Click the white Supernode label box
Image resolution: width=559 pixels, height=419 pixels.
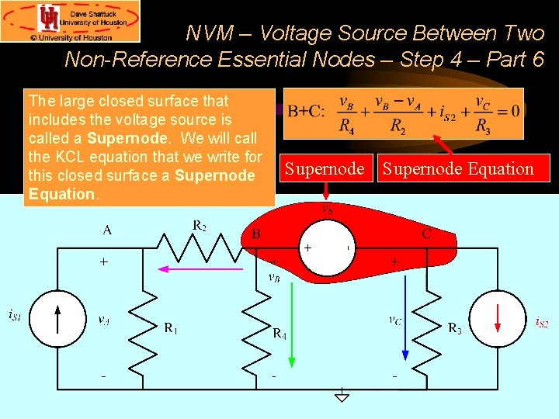[324, 168]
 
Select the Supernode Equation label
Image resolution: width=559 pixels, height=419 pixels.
[457, 168]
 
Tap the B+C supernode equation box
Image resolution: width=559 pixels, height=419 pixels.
[403, 113]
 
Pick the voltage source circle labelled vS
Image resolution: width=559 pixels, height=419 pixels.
[328, 249]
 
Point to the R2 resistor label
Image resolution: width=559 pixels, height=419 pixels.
[200, 226]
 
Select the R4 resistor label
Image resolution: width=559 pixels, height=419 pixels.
[279, 334]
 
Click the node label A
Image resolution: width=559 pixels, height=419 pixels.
[106, 230]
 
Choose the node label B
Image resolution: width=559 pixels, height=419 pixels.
[255, 233]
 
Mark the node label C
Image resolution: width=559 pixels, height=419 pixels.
[427, 233]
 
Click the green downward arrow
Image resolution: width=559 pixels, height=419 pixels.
[292, 318]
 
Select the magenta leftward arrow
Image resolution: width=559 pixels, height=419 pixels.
[200, 269]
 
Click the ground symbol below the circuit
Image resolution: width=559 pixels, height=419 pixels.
[341, 395]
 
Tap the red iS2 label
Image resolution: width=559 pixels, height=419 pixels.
[541, 322]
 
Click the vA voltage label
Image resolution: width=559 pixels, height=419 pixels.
[102, 319]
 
